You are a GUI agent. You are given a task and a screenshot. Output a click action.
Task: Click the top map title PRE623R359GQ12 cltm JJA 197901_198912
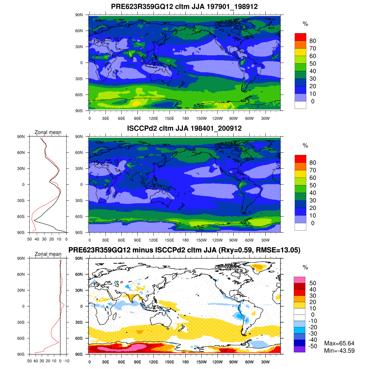[x=184, y=6]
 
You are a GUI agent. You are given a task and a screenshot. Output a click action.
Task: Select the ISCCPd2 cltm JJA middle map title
[x=184, y=128]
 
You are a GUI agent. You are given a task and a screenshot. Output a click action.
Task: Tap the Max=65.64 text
[x=339, y=343]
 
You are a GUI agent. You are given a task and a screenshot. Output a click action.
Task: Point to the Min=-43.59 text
[x=339, y=351]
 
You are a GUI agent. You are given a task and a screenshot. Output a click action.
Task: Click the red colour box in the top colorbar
[x=300, y=37]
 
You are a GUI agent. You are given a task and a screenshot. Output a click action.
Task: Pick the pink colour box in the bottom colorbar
[x=300, y=280]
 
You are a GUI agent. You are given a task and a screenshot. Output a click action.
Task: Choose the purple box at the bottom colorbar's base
[x=300, y=349]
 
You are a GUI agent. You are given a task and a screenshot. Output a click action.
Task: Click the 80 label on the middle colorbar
[x=312, y=163]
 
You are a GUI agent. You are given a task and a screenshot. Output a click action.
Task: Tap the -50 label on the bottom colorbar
[x=312, y=346]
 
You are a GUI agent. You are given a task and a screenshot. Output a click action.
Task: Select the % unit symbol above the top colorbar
[x=305, y=24]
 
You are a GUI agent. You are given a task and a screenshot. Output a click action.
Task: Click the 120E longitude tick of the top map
[x=153, y=119]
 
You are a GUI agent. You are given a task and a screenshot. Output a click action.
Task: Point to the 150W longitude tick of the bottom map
[x=201, y=362]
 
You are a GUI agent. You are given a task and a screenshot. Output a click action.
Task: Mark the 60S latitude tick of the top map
[x=79, y=95]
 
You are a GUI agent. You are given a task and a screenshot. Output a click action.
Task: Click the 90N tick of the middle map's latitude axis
[x=79, y=137]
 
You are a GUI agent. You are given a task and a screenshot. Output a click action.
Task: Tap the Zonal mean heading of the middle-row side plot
[x=48, y=132]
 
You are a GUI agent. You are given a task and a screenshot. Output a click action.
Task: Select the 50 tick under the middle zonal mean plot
[x=30, y=239]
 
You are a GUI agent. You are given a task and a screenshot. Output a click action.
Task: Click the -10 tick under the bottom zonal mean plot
[x=66, y=361]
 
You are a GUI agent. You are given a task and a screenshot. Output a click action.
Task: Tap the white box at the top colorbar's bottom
[x=300, y=105]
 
